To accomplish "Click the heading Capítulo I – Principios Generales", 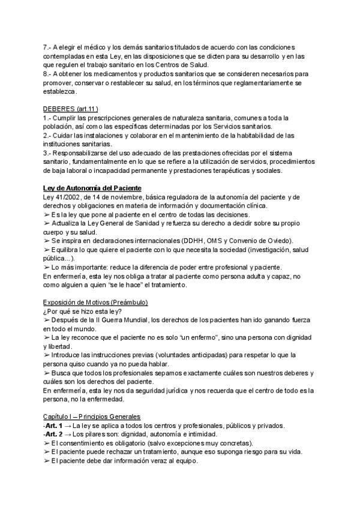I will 92,416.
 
